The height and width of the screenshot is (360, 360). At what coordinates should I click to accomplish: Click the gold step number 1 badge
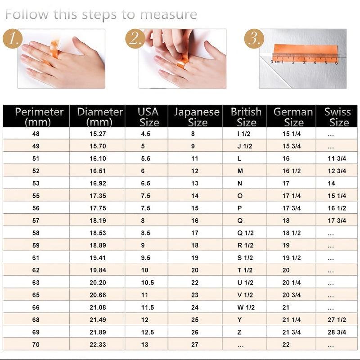point(13,39)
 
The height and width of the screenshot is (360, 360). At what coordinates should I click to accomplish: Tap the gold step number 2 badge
point(135,39)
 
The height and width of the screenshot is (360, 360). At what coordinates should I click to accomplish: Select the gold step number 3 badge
point(254,39)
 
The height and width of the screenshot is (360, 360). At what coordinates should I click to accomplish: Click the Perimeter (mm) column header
point(39,117)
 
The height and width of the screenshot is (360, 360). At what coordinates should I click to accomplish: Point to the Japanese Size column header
point(197,117)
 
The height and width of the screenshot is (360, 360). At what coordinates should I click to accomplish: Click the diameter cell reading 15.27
point(98,134)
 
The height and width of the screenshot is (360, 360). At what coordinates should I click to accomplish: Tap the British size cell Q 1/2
point(245,233)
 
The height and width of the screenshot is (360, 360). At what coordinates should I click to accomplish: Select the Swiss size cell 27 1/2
point(337,320)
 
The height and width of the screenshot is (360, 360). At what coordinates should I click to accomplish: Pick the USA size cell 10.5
point(148,283)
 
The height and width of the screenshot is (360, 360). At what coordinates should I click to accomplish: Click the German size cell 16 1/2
point(292,171)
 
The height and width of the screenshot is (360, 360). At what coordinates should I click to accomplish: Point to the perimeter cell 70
point(36,345)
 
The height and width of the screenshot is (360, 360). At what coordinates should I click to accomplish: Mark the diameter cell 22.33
point(98,345)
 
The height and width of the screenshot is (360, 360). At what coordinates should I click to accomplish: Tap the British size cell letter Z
point(239,332)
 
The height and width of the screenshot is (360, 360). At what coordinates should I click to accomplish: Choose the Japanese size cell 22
point(195,283)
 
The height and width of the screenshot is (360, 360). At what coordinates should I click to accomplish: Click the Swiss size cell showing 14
point(331,184)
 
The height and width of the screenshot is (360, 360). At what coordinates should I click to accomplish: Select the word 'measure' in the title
point(168,14)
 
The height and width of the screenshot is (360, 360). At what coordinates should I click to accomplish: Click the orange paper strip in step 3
point(306,52)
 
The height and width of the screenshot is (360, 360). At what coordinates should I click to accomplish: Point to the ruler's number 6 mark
point(336,63)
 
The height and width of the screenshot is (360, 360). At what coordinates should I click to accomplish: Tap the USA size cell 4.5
point(146,134)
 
